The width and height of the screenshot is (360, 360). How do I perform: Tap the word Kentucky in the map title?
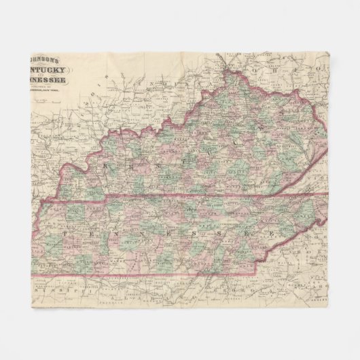tap(52, 70)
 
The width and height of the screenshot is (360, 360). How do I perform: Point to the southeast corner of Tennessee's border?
tap(257, 274)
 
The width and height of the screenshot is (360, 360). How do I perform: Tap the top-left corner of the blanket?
tap(32, 52)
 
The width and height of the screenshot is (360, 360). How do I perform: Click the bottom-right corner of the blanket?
tap(328, 308)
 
